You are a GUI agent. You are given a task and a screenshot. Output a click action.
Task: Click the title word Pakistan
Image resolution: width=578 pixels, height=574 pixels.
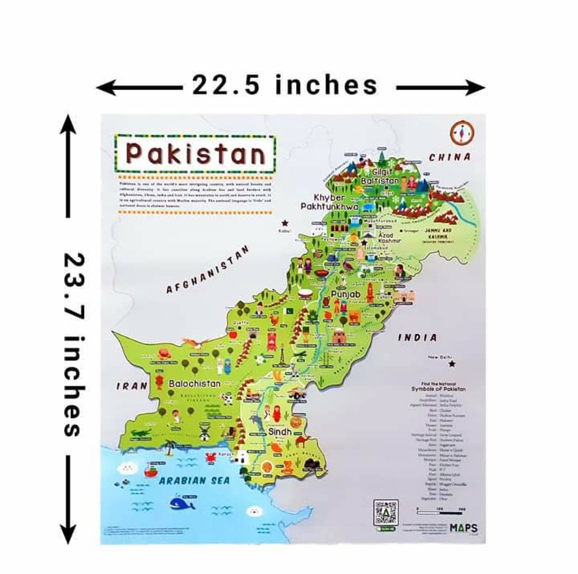coord(195,153)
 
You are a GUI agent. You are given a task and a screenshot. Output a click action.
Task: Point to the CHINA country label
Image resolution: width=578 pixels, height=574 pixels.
coord(450,158)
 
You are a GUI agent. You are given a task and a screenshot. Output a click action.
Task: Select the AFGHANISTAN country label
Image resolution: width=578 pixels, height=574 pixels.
coord(208,270)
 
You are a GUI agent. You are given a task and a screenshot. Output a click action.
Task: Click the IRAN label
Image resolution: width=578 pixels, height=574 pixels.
coord(131,386)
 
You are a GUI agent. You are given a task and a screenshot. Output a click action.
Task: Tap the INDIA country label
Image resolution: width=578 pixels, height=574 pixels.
coord(417,337)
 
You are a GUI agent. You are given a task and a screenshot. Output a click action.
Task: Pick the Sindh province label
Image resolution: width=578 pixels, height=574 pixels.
coord(280,432)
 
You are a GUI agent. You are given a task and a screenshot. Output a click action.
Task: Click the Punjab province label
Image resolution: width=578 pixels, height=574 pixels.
coord(345,295)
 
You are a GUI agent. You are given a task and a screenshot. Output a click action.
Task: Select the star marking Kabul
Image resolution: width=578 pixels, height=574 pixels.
coord(285,223)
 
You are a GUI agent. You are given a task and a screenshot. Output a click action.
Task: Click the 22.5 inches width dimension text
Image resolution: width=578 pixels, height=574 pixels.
coord(284,85)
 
